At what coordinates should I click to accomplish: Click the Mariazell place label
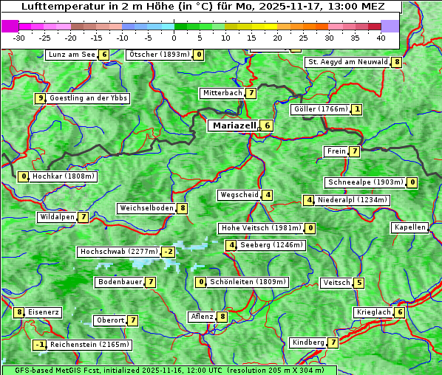(x=234, y=125)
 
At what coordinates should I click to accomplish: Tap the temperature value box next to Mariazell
(x=267, y=125)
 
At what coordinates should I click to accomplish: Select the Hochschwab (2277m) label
(x=119, y=252)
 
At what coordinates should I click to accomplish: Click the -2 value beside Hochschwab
(x=169, y=252)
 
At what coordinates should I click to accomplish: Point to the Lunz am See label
(x=71, y=55)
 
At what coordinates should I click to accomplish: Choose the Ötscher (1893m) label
(x=159, y=55)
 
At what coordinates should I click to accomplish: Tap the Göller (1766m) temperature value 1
(x=357, y=109)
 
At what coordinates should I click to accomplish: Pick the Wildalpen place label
(x=57, y=217)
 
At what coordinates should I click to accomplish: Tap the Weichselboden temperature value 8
(x=182, y=208)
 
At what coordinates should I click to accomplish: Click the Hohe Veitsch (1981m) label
(x=261, y=228)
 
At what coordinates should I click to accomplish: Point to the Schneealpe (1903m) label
(x=365, y=182)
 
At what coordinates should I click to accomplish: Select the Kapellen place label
(x=409, y=227)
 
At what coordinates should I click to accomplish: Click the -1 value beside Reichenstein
(x=40, y=345)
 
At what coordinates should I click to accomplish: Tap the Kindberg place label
(x=308, y=343)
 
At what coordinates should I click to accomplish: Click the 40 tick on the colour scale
(x=381, y=37)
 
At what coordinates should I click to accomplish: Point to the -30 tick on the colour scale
(x=19, y=37)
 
